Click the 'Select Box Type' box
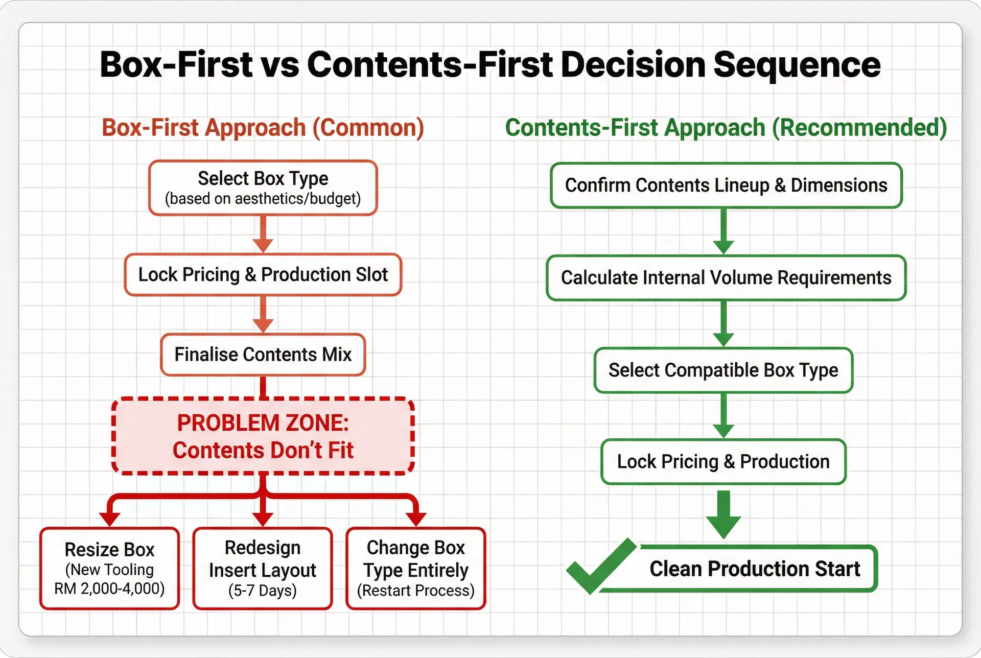coord(263,187)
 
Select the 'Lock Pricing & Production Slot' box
coord(263,275)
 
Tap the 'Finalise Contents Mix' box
coord(263,355)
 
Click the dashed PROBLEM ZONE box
coord(263,436)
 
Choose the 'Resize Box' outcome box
coord(109,568)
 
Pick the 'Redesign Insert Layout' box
coord(263,568)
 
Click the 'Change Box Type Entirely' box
coord(415,568)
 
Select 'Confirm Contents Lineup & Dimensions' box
coord(726,185)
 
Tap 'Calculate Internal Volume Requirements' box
coord(726,278)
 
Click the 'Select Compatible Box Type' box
coord(723,370)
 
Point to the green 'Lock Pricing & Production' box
coord(723,462)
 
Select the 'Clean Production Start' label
coord(754,569)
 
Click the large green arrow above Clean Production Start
coord(723,513)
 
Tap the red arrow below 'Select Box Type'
coord(263,234)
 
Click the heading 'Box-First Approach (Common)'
coord(263,128)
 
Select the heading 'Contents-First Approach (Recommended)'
coord(726,128)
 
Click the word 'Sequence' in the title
coord(797,65)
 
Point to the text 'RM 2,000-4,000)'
coord(109,589)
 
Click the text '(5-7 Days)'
coord(263,591)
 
